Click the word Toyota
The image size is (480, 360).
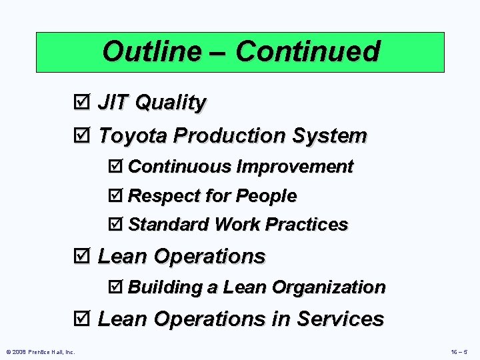click(x=133, y=136)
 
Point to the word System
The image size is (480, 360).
click(x=330, y=136)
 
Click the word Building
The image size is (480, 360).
click(x=164, y=287)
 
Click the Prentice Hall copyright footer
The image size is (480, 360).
click(x=40, y=351)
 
